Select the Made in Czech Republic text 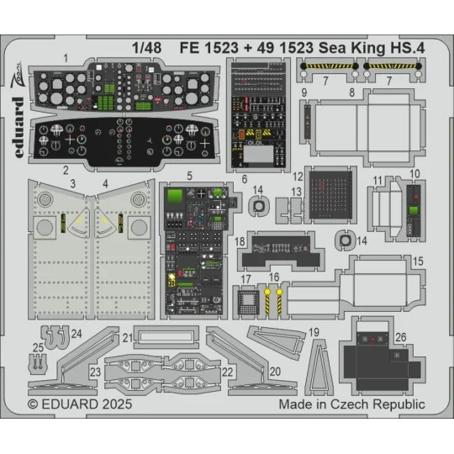tap(351, 404)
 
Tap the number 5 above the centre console tap(190, 200)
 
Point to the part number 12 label tap(298, 177)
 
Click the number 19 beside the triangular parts tap(313, 333)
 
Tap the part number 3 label tap(73, 182)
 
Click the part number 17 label tap(246, 279)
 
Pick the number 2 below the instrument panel tap(65, 169)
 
